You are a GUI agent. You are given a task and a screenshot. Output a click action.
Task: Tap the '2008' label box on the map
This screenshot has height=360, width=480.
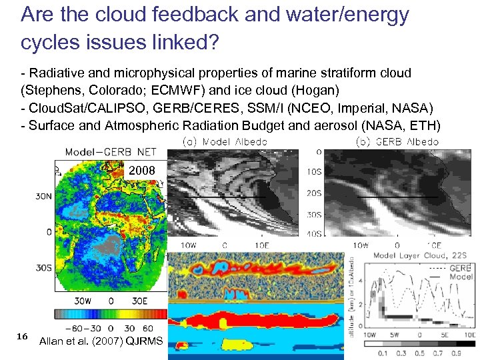point(142,171)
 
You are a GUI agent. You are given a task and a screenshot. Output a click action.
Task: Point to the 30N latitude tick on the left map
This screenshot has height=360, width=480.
point(45,197)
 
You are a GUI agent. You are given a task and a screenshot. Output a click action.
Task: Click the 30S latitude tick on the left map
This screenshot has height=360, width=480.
point(45,268)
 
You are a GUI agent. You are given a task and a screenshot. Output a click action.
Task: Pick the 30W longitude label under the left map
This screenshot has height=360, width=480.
point(82,301)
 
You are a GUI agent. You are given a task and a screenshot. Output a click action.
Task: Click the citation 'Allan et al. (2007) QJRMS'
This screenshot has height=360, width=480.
point(101,341)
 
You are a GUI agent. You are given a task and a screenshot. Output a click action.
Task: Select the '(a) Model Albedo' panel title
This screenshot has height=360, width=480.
point(225,141)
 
